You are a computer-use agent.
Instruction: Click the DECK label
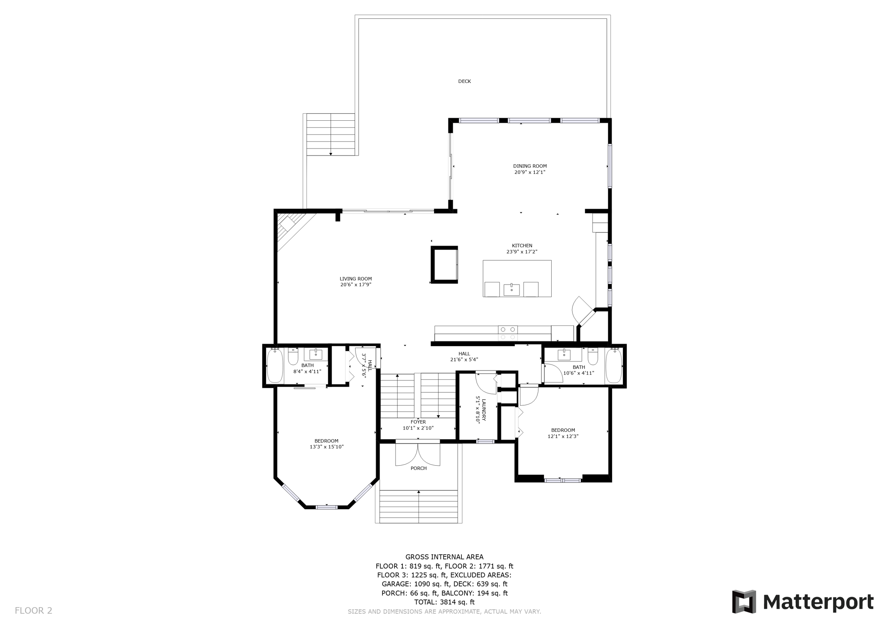coord(464,81)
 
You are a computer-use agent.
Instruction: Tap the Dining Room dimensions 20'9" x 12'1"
coord(530,172)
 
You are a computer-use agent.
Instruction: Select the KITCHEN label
coord(522,245)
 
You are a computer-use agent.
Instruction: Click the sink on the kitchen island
coord(511,289)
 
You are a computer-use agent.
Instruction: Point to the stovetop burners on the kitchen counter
coord(507,333)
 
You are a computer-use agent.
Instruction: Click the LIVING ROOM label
coord(356,279)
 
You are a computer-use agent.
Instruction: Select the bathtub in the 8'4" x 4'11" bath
coord(275,366)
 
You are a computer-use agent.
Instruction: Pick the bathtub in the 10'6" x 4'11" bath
coord(613,366)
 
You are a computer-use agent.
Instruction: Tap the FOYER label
coord(418,422)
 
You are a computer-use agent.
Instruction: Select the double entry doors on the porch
coord(418,454)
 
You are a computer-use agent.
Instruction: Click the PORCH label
coord(418,468)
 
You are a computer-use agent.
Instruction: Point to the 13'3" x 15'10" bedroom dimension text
coord(326,447)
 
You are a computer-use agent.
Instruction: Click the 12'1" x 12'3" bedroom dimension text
coord(563,436)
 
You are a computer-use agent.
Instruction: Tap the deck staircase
coord(330,134)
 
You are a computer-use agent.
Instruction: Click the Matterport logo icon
coord(744,601)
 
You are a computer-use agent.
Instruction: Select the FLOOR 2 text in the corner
coord(33,610)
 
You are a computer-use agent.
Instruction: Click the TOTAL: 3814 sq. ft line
coord(444,602)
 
